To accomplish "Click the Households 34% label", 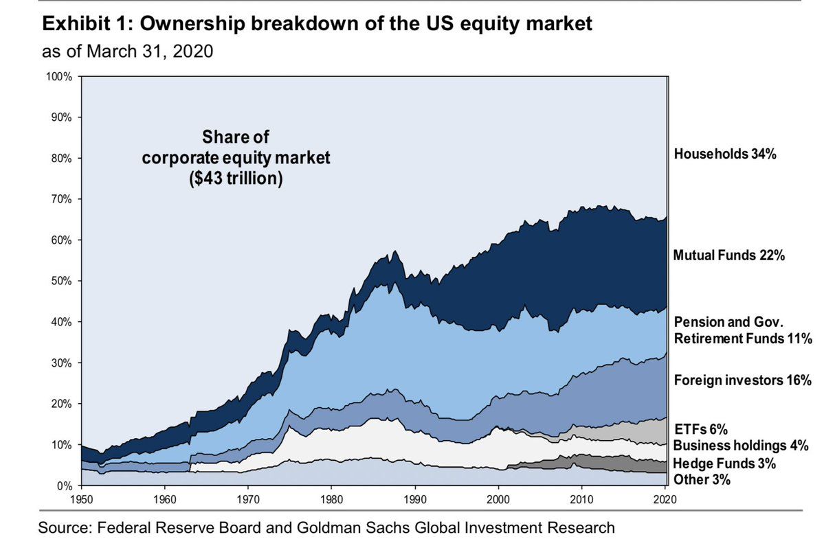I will tap(726, 154).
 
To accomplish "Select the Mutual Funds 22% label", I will tap(729, 255).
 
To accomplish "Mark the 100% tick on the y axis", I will tap(58, 76).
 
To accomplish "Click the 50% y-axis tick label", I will tap(60, 281).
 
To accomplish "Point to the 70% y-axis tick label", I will tap(60, 199).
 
